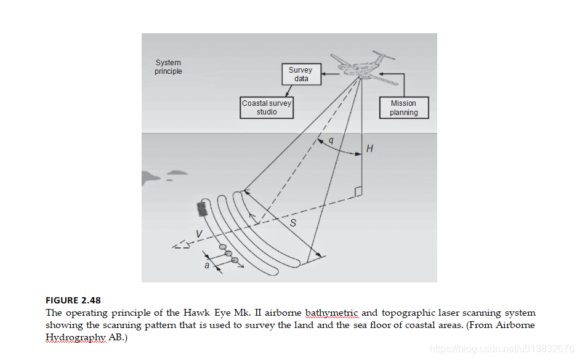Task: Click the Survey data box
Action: pos(300,74)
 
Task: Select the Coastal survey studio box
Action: pos(267,108)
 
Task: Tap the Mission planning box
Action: pos(403,108)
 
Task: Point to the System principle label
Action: pos(168,67)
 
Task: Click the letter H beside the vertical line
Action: pos(369,148)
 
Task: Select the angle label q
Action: pos(331,141)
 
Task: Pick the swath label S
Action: pos(293,223)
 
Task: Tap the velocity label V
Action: pos(198,234)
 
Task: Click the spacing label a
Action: pos(207,265)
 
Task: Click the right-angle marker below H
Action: pos(358,192)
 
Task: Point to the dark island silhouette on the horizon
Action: pos(154,177)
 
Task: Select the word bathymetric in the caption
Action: pos(332,313)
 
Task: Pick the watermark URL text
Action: pos(502,349)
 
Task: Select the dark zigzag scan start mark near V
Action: pos(201,209)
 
